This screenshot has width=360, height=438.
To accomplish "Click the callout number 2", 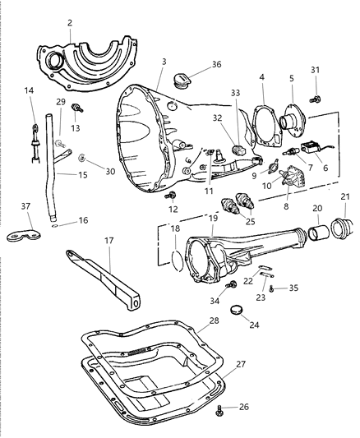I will (x=70, y=24).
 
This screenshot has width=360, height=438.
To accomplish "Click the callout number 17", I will (x=108, y=241).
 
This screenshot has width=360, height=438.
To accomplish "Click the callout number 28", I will (x=213, y=320).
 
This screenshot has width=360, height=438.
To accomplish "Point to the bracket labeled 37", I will (x=30, y=235).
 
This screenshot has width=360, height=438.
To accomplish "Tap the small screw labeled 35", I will (x=271, y=290).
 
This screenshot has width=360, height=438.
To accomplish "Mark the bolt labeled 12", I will (x=173, y=196).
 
